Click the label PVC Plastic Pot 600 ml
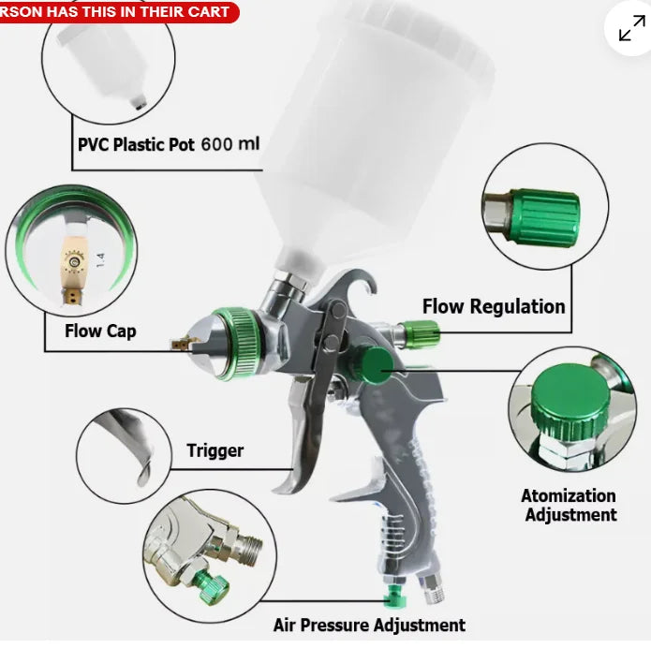click(x=169, y=145)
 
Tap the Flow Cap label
click(x=100, y=331)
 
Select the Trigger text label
click(x=215, y=450)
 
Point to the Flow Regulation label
click(x=494, y=306)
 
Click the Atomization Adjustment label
click(x=570, y=505)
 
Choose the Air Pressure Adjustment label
click(x=369, y=625)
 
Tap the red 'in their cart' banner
click(x=117, y=11)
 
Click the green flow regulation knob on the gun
click(x=419, y=331)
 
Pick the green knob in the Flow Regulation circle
click(x=543, y=218)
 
